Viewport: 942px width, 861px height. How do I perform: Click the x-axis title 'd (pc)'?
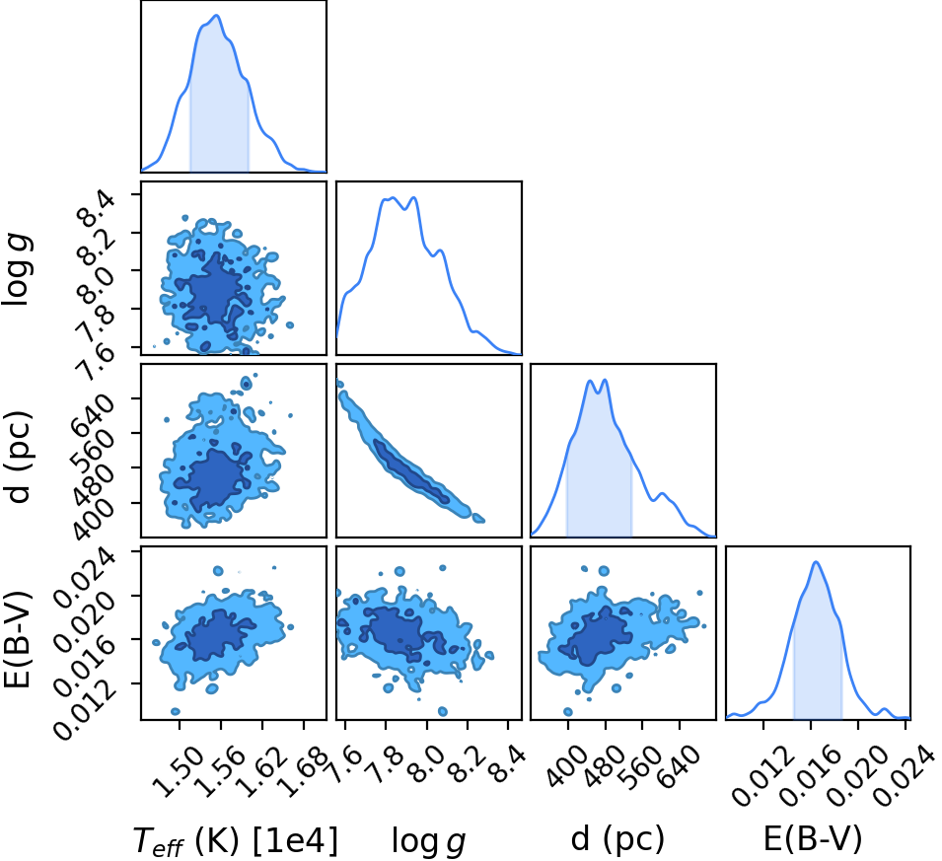point(618,837)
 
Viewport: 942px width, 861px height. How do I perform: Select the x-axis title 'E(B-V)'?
point(812,837)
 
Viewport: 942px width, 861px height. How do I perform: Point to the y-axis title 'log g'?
point(17,270)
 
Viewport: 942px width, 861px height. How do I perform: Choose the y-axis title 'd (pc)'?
point(17,458)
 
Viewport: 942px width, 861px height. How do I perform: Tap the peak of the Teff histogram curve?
point(217,16)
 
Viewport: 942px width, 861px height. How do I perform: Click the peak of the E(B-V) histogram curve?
point(816,562)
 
